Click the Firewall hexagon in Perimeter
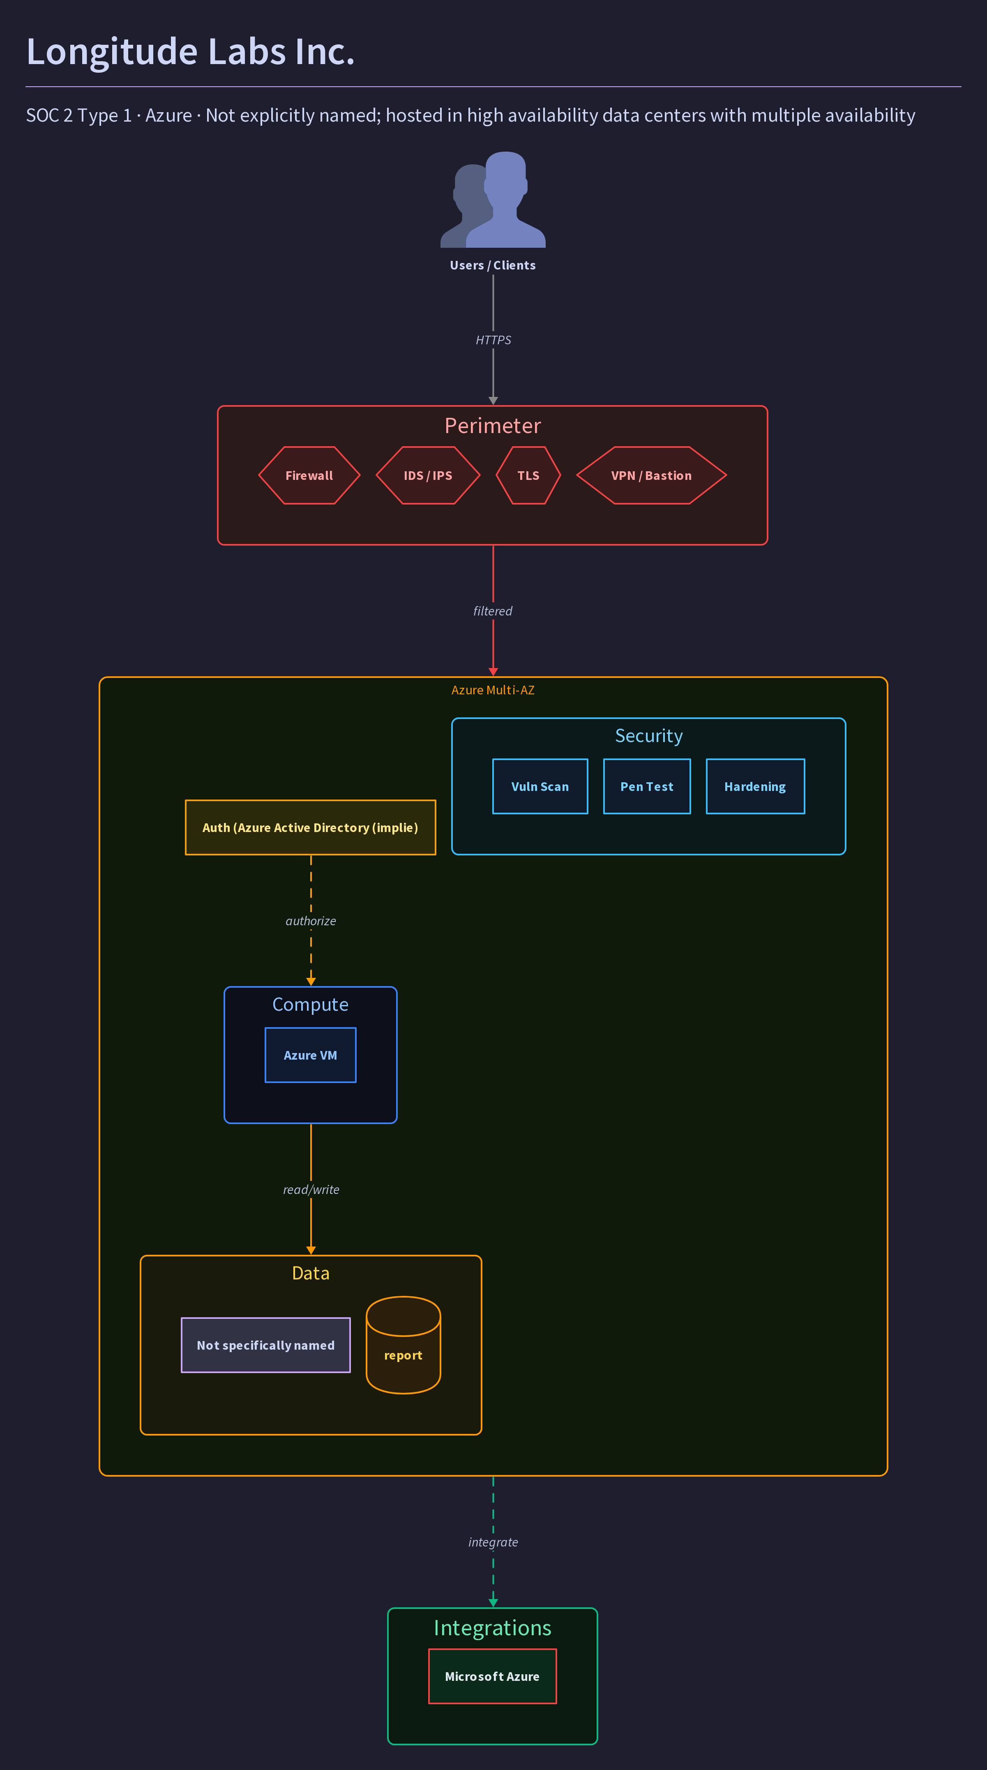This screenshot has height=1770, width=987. pos(309,475)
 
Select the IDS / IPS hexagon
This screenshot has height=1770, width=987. pos(427,475)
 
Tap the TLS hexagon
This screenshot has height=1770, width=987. pos(528,475)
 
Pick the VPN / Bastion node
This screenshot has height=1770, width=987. pos(651,475)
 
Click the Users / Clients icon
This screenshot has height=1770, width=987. pos(493,199)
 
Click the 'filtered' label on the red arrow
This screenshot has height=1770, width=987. pos(493,611)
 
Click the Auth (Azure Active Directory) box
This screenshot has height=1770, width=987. pos(311,827)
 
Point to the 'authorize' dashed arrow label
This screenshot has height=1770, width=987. pos(311,921)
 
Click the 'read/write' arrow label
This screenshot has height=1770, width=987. pos(311,1189)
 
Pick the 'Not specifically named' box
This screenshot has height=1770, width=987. pos(266,1345)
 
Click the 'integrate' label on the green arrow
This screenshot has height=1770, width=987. pos(493,1542)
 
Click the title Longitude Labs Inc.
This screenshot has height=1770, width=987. pos(190,51)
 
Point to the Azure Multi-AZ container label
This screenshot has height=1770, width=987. pos(493,690)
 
